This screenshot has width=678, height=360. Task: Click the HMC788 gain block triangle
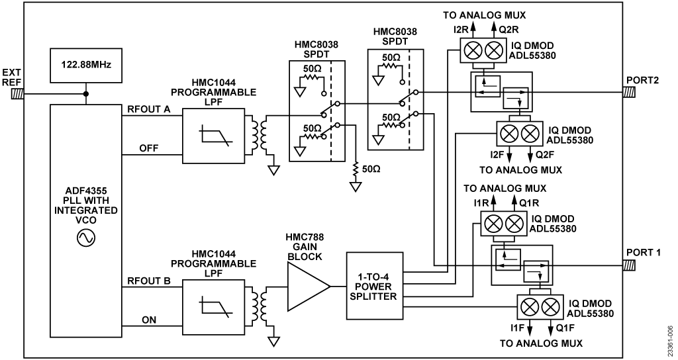pyautogui.click(x=307, y=286)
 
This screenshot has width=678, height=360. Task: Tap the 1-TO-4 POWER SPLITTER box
pyautogui.click(x=374, y=285)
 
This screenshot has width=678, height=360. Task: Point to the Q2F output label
pyautogui.click(x=542, y=154)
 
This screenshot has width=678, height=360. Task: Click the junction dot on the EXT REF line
pyautogui.click(x=86, y=94)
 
